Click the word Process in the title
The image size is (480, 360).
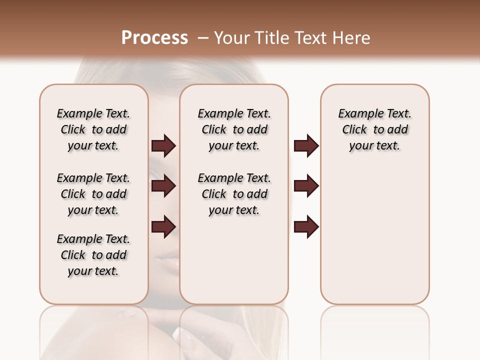point(154,38)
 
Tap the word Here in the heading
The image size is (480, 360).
point(352,38)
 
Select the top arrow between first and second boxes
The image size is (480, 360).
point(163,145)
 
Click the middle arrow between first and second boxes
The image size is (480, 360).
point(163,186)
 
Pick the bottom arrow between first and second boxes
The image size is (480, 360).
point(163,226)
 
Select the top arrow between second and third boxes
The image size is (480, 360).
point(306,145)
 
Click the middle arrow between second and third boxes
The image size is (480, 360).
point(306,186)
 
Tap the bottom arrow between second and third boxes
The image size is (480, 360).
point(306,226)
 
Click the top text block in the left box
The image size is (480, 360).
point(93,129)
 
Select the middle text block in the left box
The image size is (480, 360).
point(93,194)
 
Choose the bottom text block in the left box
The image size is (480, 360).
point(93,255)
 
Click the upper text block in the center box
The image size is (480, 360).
point(234,129)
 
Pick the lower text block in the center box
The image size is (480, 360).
point(234,194)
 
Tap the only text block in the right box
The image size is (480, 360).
point(374,129)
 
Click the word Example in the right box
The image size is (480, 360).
point(357,113)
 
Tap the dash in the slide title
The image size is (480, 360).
point(202,38)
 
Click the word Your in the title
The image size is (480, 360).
point(232,38)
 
